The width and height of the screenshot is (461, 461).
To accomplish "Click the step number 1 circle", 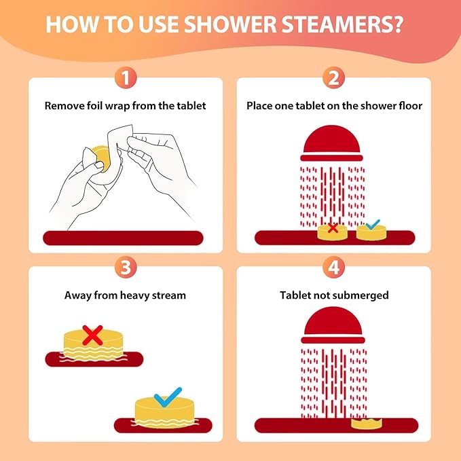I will (124, 78).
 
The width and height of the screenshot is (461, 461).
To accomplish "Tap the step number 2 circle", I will (333, 78).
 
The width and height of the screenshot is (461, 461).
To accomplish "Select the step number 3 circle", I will (124, 267).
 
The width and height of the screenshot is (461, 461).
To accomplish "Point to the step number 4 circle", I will (333, 267).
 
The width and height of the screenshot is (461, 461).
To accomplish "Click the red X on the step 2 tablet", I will (333, 228).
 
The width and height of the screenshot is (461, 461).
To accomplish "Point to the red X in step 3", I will (92, 334).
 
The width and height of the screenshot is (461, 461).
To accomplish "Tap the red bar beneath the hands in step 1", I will (125, 238).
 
